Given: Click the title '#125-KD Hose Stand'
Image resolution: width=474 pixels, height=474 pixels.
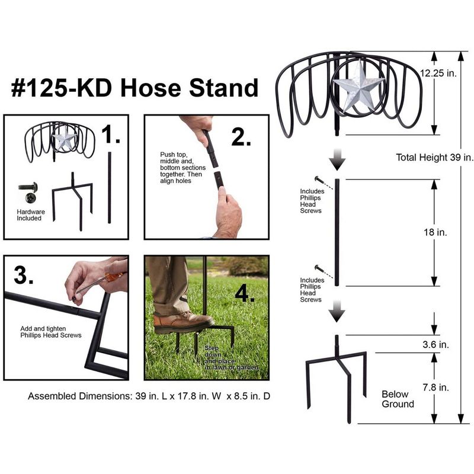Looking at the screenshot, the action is (x=134, y=88).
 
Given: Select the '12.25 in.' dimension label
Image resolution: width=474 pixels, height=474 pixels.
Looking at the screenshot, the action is (x=438, y=73).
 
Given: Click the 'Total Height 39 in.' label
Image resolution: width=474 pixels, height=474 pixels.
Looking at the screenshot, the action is (x=435, y=157).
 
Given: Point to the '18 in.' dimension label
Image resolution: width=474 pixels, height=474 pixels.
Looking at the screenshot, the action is (x=435, y=232).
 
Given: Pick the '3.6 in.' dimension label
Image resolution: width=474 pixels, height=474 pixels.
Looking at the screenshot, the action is (x=435, y=344).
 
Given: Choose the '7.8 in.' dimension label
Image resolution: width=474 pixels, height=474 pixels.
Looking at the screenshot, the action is (x=435, y=387).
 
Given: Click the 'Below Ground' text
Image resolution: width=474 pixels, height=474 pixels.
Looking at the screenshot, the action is (x=398, y=399).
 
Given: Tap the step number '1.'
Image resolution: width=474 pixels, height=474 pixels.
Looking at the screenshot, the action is (x=111, y=134).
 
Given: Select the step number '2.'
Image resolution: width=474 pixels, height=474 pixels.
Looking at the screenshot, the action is (x=241, y=137).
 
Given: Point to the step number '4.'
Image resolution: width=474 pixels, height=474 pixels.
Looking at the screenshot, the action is (x=245, y=293).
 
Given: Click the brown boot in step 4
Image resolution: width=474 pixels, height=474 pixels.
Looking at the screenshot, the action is (x=183, y=322).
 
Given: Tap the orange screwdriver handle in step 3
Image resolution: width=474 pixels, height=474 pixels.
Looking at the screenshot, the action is (x=114, y=276).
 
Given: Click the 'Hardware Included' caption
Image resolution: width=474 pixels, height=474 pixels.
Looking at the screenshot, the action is (x=31, y=215).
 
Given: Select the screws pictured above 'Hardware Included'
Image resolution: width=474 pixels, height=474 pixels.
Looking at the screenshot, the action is (x=28, y=192).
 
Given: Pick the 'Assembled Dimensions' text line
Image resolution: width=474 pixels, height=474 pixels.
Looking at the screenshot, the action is (x=149, y=396).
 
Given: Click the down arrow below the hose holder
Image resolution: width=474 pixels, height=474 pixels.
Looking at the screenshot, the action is (x=337, y=159).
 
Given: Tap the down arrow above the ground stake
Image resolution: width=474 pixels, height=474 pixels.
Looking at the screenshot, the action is (x=337, y=312).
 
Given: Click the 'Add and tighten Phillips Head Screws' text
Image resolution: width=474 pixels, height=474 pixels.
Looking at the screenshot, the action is (x=51, y=332).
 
